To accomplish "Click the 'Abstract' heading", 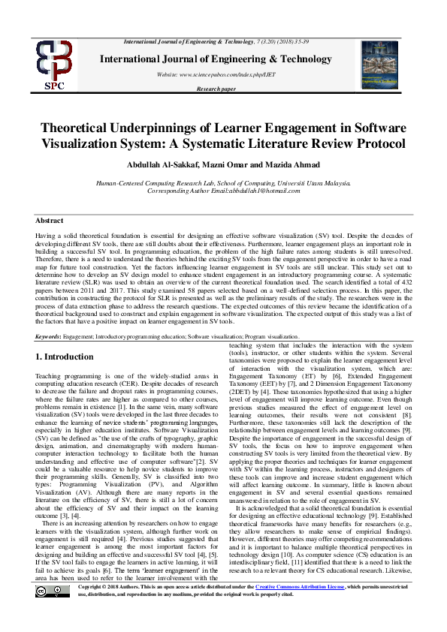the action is [50, 220].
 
